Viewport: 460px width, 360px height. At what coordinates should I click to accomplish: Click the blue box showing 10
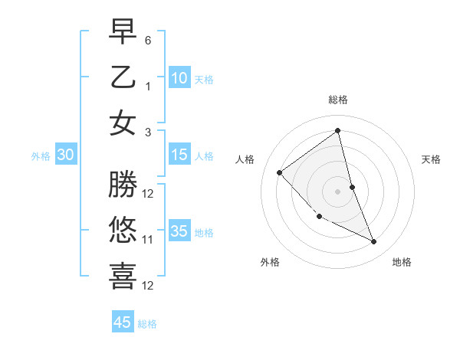pyautogui.click(x=179, y=77)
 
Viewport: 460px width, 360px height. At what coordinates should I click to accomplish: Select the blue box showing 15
pyautogui.click(x=179, y=155)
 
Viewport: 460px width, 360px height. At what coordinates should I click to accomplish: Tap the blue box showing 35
pyautogui.click(x=179, y=231)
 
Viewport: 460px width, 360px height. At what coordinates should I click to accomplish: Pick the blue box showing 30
pyautogui.click(x=66, y=155)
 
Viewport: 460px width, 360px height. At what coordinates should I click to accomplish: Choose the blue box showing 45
pyautogui.click(x=123, y=322)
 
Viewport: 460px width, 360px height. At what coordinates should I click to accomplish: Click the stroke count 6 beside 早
pyautogui.click(x=148, y=39)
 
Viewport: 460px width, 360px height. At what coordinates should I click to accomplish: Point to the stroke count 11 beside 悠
pyautogui.click(x=148, y=240)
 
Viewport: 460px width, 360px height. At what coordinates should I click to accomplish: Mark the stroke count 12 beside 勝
pyautogui.click(x=148, y=193)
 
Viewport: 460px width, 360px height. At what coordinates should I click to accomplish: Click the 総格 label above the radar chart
pyautogui.click(x=338, y=100)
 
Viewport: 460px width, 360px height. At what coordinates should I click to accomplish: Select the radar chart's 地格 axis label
pyautogui.click(x=402, y=262)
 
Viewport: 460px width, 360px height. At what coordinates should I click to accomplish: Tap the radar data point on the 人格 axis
pyautogui.click(x=280, y=172)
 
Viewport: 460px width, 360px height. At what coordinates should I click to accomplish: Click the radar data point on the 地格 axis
pyautogui.click(x=374, y=242)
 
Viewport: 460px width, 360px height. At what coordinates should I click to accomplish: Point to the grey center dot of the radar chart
pyautogui.click(x=338, y=191)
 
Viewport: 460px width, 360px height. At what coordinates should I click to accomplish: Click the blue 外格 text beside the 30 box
pyautogui.click(x=41, y=155)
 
